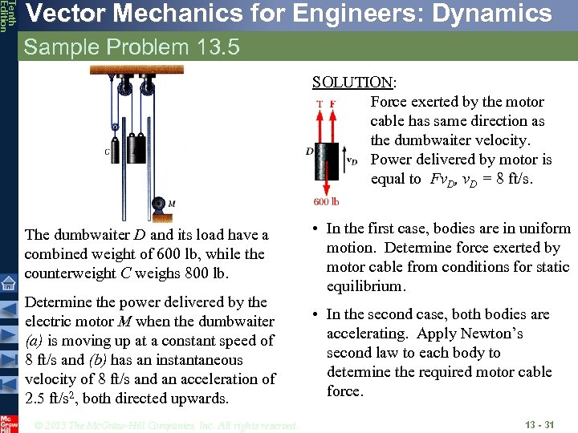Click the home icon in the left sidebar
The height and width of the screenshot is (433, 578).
pos(9,282)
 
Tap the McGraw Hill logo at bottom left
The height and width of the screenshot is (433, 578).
pos(8,423)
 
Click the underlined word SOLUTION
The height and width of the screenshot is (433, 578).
pos(352,83)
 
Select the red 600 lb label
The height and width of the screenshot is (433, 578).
pos(326,202)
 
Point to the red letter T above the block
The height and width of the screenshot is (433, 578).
pos(320,103)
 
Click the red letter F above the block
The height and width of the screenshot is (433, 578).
pos(332,103)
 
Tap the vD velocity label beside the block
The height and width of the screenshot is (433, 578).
pos(351,160)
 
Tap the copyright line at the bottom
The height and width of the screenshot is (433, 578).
pos(166,425)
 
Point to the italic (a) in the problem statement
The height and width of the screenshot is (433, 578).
pos(35,341)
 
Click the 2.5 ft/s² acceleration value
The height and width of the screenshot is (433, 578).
pos(49,399)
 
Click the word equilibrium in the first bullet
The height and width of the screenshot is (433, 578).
pos(368,286)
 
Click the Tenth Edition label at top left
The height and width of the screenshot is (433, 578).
pos(7,16)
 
